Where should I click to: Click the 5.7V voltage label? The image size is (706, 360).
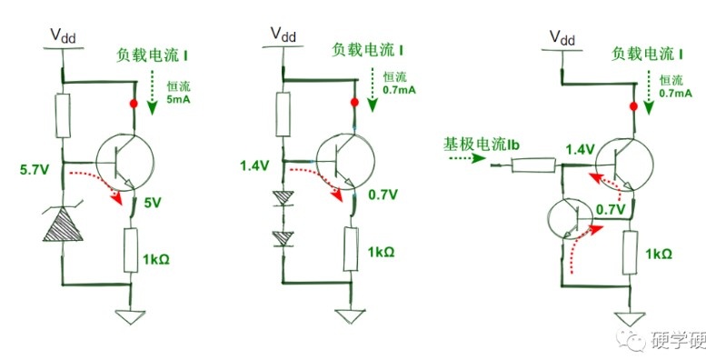(35, 170)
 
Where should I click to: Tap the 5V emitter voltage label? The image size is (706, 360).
(152, 203)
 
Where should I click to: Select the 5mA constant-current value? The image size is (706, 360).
(179, 99)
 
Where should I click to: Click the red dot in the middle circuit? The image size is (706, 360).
(354, 103)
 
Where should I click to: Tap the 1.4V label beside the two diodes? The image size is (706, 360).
(254, 165)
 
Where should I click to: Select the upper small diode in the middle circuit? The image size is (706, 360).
(283, 198)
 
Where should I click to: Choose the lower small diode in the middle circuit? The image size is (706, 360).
(283, 239)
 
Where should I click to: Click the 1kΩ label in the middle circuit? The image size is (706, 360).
(381, 253)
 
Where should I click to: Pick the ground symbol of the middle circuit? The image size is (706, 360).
(351, 315)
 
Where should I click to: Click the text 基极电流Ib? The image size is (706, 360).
(482, 144)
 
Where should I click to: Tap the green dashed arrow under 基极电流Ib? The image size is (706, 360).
(466, 158)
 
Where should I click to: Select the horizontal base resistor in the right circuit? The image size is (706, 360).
(533, 165)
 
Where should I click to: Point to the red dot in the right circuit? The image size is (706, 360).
(633, 106)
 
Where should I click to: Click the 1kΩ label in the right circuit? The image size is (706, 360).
(659, 255)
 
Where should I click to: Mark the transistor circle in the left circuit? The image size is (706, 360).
(124, 162)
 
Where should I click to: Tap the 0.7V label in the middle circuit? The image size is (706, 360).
(383, 195)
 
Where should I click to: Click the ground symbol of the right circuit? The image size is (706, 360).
(631, 319)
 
